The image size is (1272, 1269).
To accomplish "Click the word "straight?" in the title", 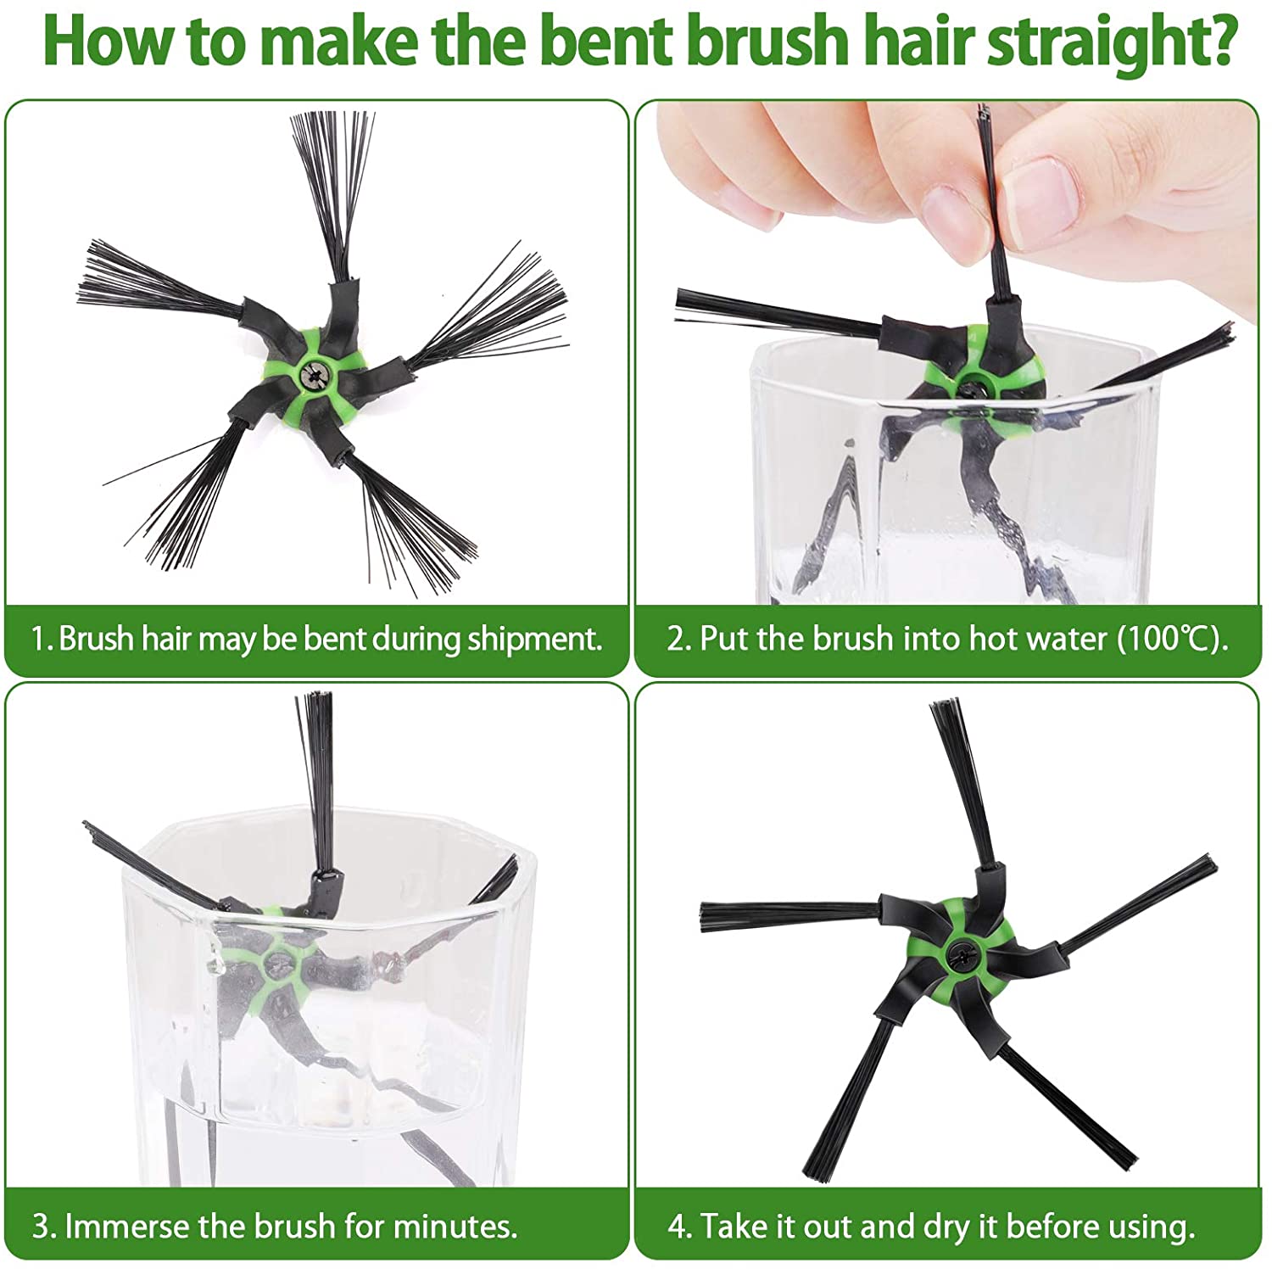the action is pos(1109,41).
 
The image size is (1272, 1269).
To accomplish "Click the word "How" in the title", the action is pos(108,39).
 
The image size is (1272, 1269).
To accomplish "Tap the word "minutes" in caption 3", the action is pos(455,1227).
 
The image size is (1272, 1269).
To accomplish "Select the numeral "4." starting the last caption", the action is pos(679,1227).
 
